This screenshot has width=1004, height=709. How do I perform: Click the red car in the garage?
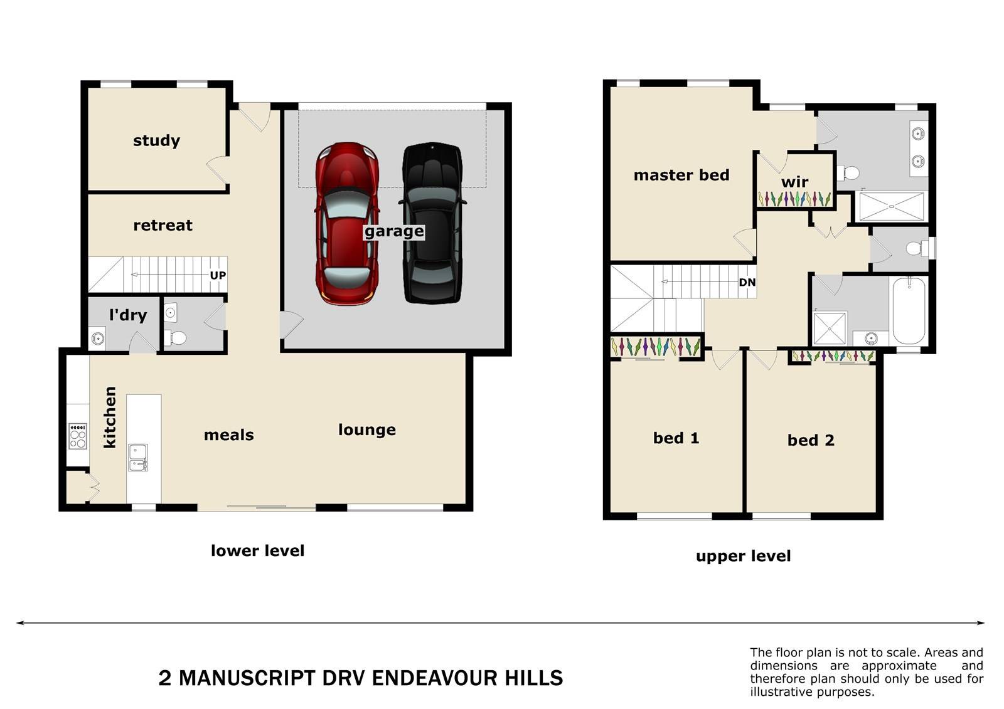point(348,224)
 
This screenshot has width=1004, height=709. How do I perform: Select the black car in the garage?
point(432,223)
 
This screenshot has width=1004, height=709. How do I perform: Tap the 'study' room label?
point(156,140)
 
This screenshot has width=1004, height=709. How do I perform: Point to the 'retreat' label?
point(163,225)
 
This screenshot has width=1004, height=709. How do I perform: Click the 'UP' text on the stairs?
point(218,275)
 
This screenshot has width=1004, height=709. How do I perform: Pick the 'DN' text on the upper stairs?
point(747,283)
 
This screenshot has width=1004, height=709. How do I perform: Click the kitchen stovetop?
point(78,436)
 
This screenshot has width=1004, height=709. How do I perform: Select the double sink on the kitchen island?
point(138,457)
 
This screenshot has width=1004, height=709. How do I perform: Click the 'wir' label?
point(794,182)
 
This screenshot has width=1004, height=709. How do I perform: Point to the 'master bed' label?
point(681,175)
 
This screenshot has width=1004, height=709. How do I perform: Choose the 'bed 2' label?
point(811,440)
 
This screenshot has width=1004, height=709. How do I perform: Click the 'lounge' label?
point(367,430)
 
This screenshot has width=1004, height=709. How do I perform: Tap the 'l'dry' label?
point(128,315)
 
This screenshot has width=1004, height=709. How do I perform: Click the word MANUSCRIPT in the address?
point(247,678)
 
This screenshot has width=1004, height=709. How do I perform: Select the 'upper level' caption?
point(743,556)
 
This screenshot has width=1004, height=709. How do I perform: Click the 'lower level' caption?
point(258,550)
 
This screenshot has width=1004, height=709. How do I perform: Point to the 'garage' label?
point(394,231)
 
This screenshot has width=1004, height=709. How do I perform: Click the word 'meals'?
point(229,435)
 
